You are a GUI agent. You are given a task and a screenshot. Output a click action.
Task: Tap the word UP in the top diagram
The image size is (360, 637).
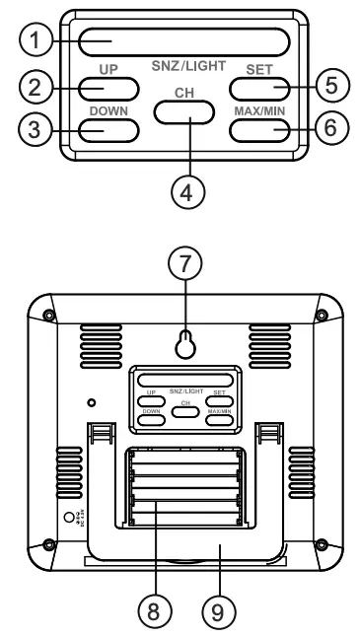[x=108, y=70]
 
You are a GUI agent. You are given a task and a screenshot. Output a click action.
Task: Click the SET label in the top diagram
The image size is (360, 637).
[x=261, y=70]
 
